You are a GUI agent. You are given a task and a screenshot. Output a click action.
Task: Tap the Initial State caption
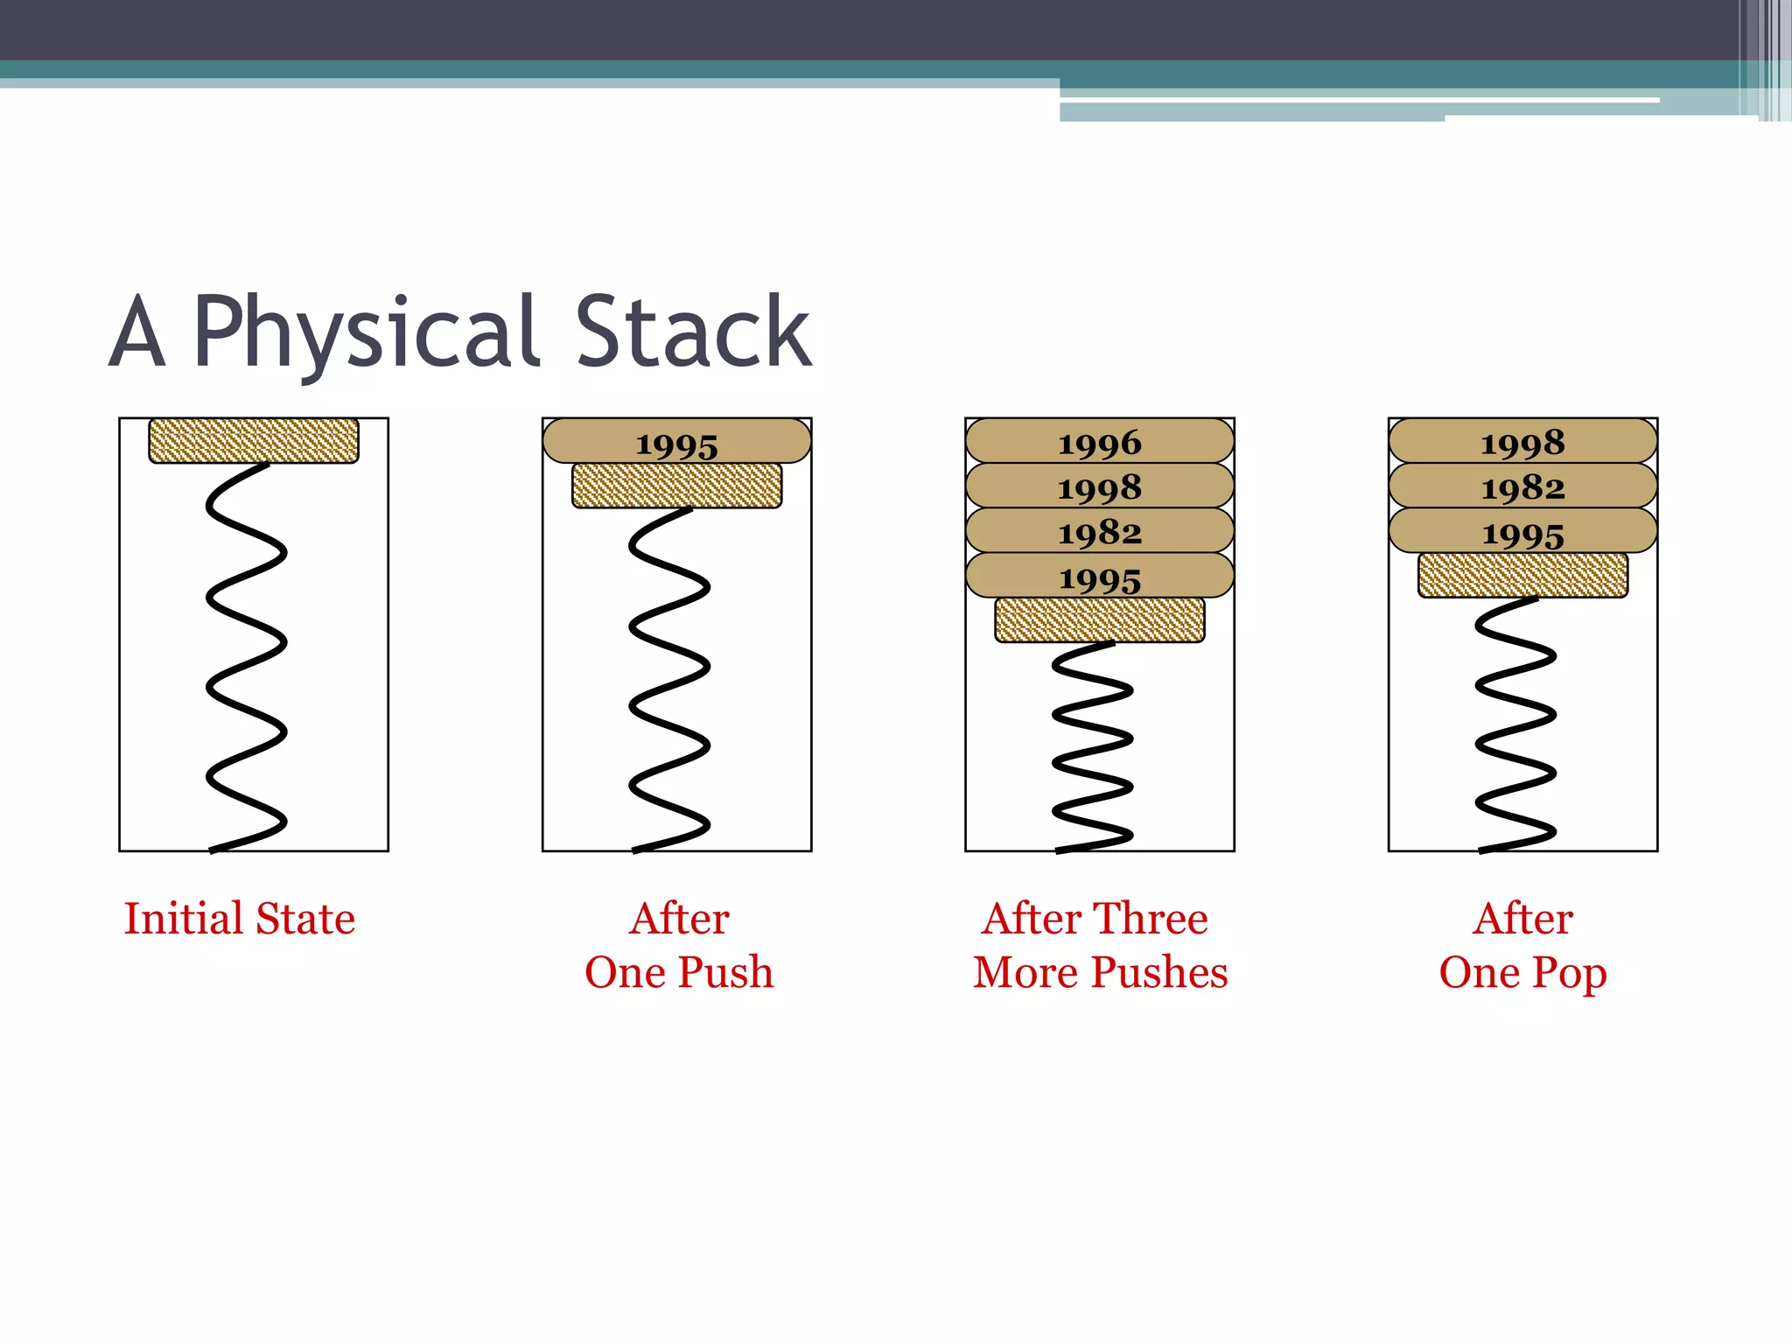pyautogui.click(x=239, y=919)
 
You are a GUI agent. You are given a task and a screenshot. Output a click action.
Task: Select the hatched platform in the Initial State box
pyautogui.click(x=254, y=440)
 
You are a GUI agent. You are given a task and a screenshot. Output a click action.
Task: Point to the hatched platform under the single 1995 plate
pyautogui.click(x=676, y=486)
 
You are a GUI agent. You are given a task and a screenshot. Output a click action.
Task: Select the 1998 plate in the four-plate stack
pyautogui.click(x=1099, y=486)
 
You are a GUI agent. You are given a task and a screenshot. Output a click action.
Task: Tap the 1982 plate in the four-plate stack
pyautogui.click(x=1099, y=531)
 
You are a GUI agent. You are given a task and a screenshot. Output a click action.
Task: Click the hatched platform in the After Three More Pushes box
pyautogui.click(x=1099, y=619)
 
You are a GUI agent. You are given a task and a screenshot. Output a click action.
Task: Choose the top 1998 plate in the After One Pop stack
pyautogui.click(x=1522, y=442)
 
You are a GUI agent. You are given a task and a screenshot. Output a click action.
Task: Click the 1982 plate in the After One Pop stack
pyautogui.click(x=1522, y=486)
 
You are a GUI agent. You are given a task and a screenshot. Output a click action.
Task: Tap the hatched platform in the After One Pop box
pyautogui.click(x=1522, y=575)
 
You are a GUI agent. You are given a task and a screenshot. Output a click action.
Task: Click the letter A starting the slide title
pyautogui.click(x=138, y=332)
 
